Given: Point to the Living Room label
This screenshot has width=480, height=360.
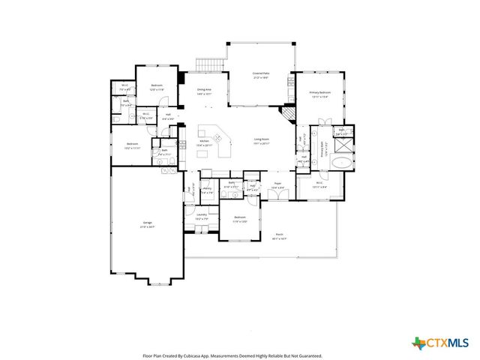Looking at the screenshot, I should tap(261, 141).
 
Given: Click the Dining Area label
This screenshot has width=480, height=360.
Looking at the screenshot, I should tap(204, 92).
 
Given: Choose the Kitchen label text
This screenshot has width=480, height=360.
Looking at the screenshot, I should tap(204, 142).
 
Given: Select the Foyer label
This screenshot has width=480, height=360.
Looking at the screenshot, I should tap(277, 185).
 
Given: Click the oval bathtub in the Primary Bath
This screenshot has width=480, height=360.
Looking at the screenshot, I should tap(342, 162).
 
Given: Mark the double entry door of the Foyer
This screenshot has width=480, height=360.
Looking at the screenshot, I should tap(277, 196).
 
